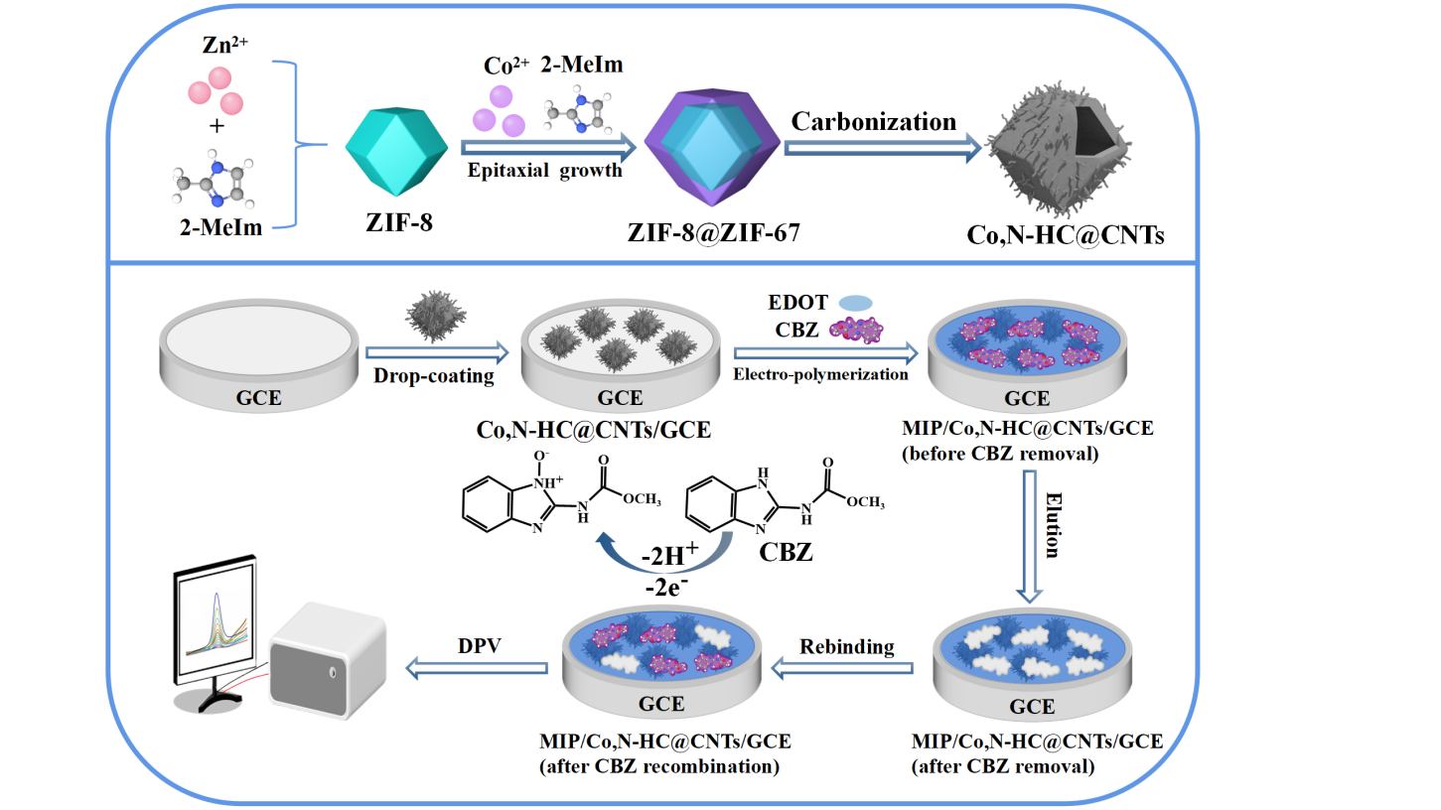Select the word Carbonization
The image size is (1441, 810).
[x=874, y=121]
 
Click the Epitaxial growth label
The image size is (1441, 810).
[x=545, y=170]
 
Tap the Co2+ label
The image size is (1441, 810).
[x=501, y=66]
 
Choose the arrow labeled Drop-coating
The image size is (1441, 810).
[x=435, y=351]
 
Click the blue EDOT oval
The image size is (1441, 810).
[x=855, y=303]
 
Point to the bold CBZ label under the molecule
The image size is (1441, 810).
[x=786, y=551]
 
